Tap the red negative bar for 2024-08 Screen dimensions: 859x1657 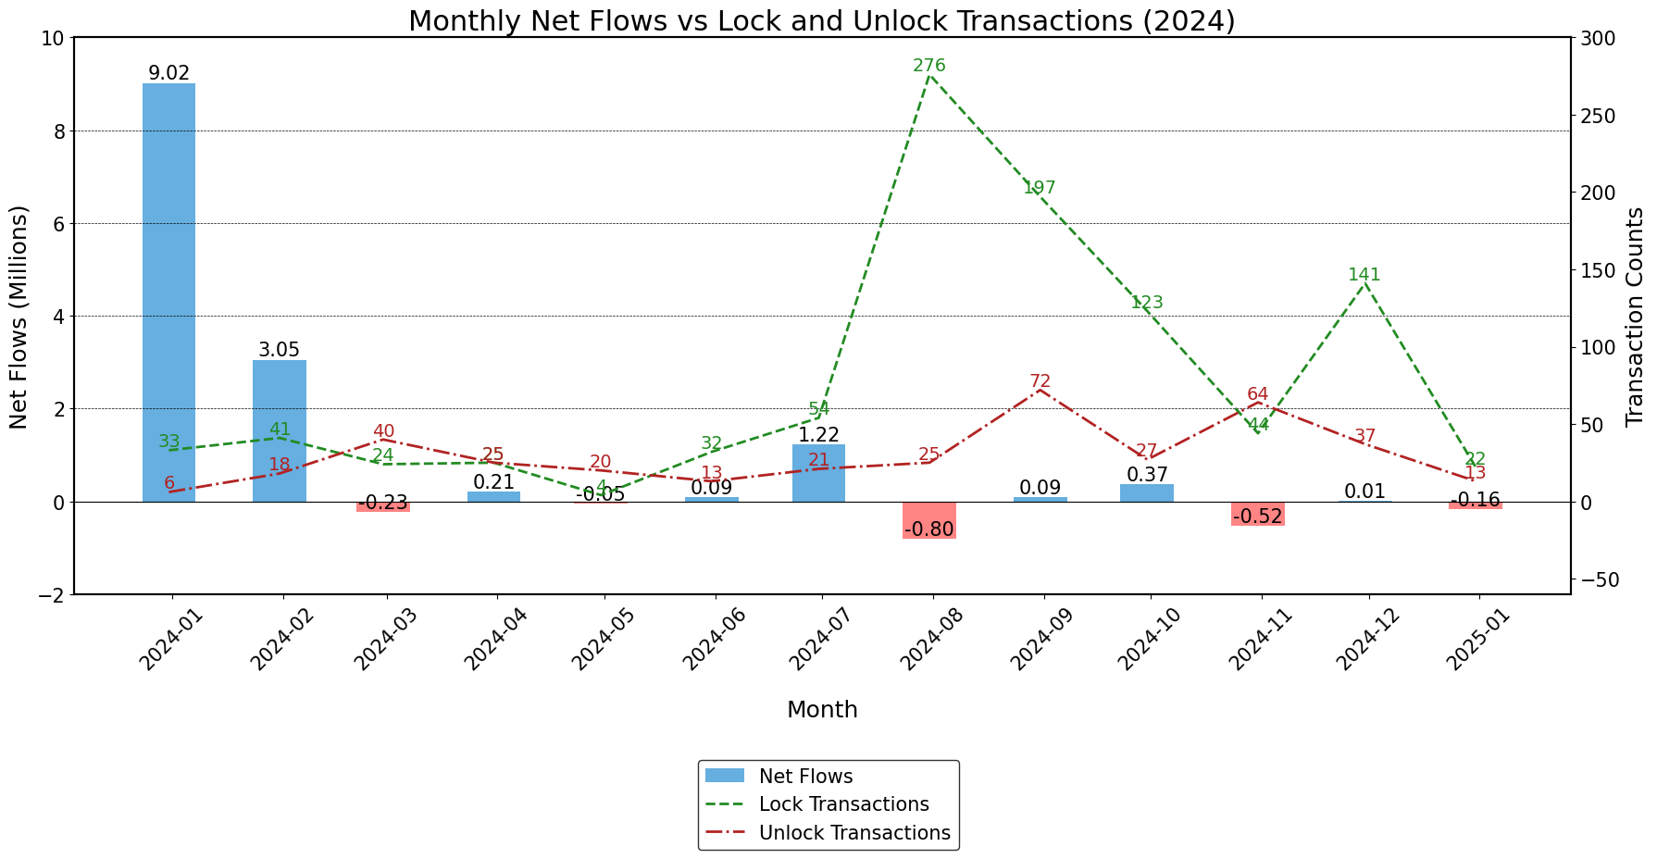coord(929,519)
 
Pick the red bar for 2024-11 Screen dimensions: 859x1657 coord(1257,514)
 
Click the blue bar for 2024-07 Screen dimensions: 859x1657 coord(818,473)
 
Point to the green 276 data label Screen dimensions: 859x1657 coord(928,66)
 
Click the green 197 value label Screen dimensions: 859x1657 coord(1039,189)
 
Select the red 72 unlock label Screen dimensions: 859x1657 coord(1040,382)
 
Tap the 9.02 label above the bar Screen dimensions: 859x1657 coord(169,73)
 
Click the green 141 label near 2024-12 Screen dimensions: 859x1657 coord(1364,275)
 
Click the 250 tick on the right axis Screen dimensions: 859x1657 coord(1597,116)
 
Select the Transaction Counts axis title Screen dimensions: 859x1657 coord(1635,317)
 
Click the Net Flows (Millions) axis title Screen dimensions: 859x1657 coord(19,317)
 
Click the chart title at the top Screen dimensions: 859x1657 coord(821,20)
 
